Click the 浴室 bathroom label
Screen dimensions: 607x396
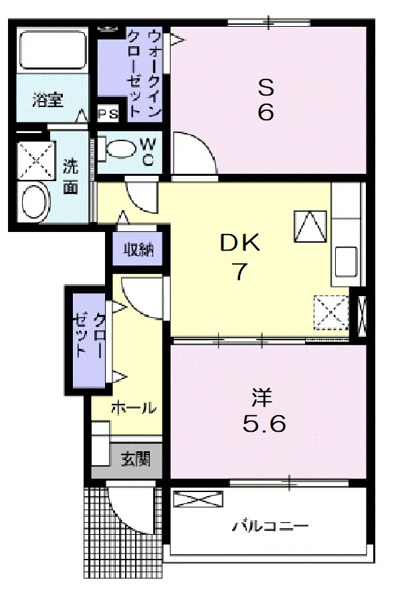pyautogui.click(x=48, y=100)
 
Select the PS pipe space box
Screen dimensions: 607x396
pyautogui.click(x=108, y=114)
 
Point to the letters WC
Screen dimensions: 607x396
pyautogui.click(x=148, y=151)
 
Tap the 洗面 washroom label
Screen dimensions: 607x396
pyautogui.click(x=70, y=176)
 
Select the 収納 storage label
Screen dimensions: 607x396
pyautogui.click(x=138, y=250)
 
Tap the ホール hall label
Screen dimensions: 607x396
pyautogui.click(x=133, y=407)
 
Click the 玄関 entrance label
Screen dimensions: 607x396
pyautogui.click(x=135, y=459)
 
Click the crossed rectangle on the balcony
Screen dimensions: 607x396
pyautogui.click(x=197, y=499)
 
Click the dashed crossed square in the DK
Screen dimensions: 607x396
pyautogui.click(x=332, y=312)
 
